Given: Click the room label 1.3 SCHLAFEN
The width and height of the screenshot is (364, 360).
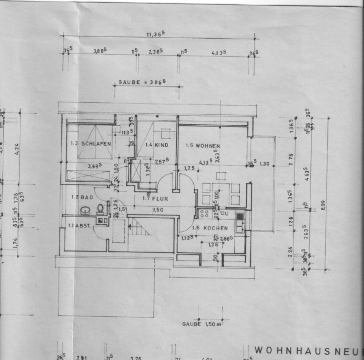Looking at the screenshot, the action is (91, 144).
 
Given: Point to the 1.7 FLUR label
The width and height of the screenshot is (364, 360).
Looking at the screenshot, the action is (155, 198).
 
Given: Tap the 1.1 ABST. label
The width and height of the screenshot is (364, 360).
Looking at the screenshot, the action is (79, 225).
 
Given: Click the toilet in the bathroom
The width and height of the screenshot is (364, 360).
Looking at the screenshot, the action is (100, 209).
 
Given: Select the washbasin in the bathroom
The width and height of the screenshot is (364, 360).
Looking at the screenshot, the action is (85, 210).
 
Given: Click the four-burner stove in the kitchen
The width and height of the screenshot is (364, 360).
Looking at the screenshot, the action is (205, 213).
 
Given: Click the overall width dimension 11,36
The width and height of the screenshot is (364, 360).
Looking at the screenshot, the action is (155, 33).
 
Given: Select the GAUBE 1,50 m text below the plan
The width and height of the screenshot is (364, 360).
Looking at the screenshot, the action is (201, 324).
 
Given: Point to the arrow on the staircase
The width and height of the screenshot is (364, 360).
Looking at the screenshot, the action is (131, 227).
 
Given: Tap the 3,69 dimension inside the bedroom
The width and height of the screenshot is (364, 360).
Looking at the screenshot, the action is (94, 166).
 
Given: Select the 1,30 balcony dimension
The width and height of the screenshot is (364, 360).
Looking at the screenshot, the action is (265, 164).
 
